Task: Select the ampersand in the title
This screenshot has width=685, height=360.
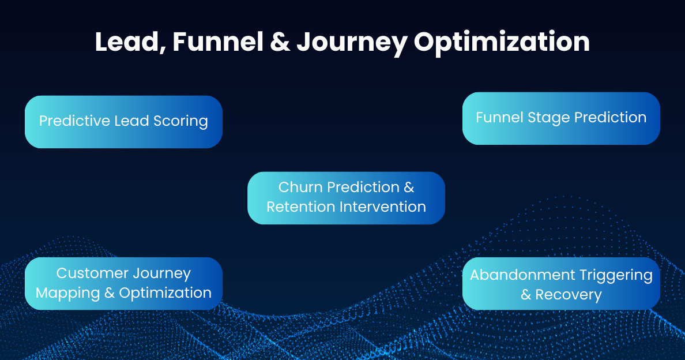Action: tap(280, 42)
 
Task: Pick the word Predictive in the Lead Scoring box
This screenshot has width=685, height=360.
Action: tap(74, 121)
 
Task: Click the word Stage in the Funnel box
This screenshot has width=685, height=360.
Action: tap(537, 118)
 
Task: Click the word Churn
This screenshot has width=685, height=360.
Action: tap(300, 187)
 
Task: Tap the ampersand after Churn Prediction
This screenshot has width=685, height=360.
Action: tap(409, 187)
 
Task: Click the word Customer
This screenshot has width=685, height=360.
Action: tap(92, 273)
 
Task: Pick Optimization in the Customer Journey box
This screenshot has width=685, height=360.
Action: tap(165, 294)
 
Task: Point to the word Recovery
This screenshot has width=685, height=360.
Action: tap(569, 295)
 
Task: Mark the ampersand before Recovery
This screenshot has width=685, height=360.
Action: tap(526, 295)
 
